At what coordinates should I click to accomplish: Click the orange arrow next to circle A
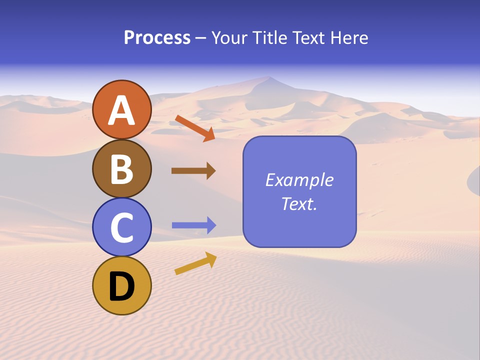(x=195, y=128)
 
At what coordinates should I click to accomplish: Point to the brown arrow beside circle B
(x=193, y=170)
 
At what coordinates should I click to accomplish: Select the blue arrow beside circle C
(x=194, y=225)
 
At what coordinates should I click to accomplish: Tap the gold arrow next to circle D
(x=195, y=263)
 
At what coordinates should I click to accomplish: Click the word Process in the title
(x=157, y=37)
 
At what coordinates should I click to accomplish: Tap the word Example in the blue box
(x=299, y=180)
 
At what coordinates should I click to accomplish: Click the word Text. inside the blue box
(x=299, y=203)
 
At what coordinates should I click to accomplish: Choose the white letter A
(x=122, y=110)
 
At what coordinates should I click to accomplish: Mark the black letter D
(x=122, y=287)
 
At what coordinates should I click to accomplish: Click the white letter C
(x=122, y=228)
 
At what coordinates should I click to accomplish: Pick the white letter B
(x=122, y=169)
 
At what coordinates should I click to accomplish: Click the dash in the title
(x=201, y=38)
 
